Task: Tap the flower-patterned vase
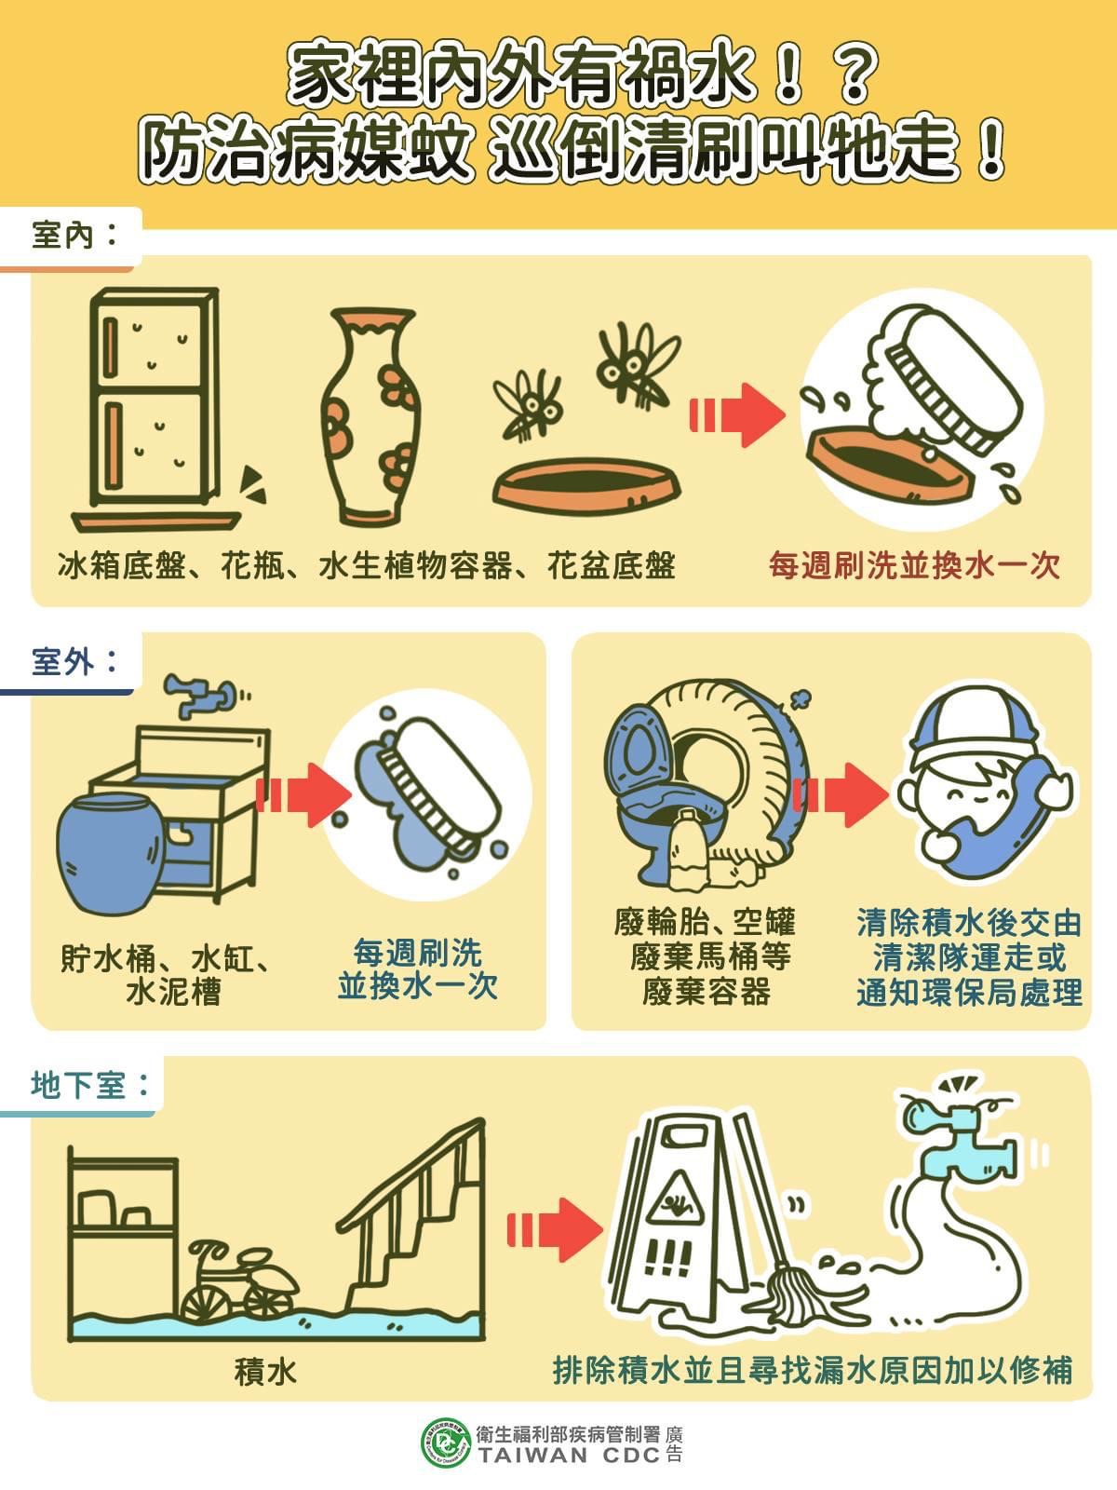click(x=368, y=419)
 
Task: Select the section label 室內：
click(x=74, y=235)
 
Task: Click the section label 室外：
click(x=74, y=662)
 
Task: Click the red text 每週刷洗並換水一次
click(x=914, y=565)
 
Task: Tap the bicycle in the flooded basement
click(x=237, y=1280)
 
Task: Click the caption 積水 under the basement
click(x=265, y=1371)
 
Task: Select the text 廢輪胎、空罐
click(x=705, y=922)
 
